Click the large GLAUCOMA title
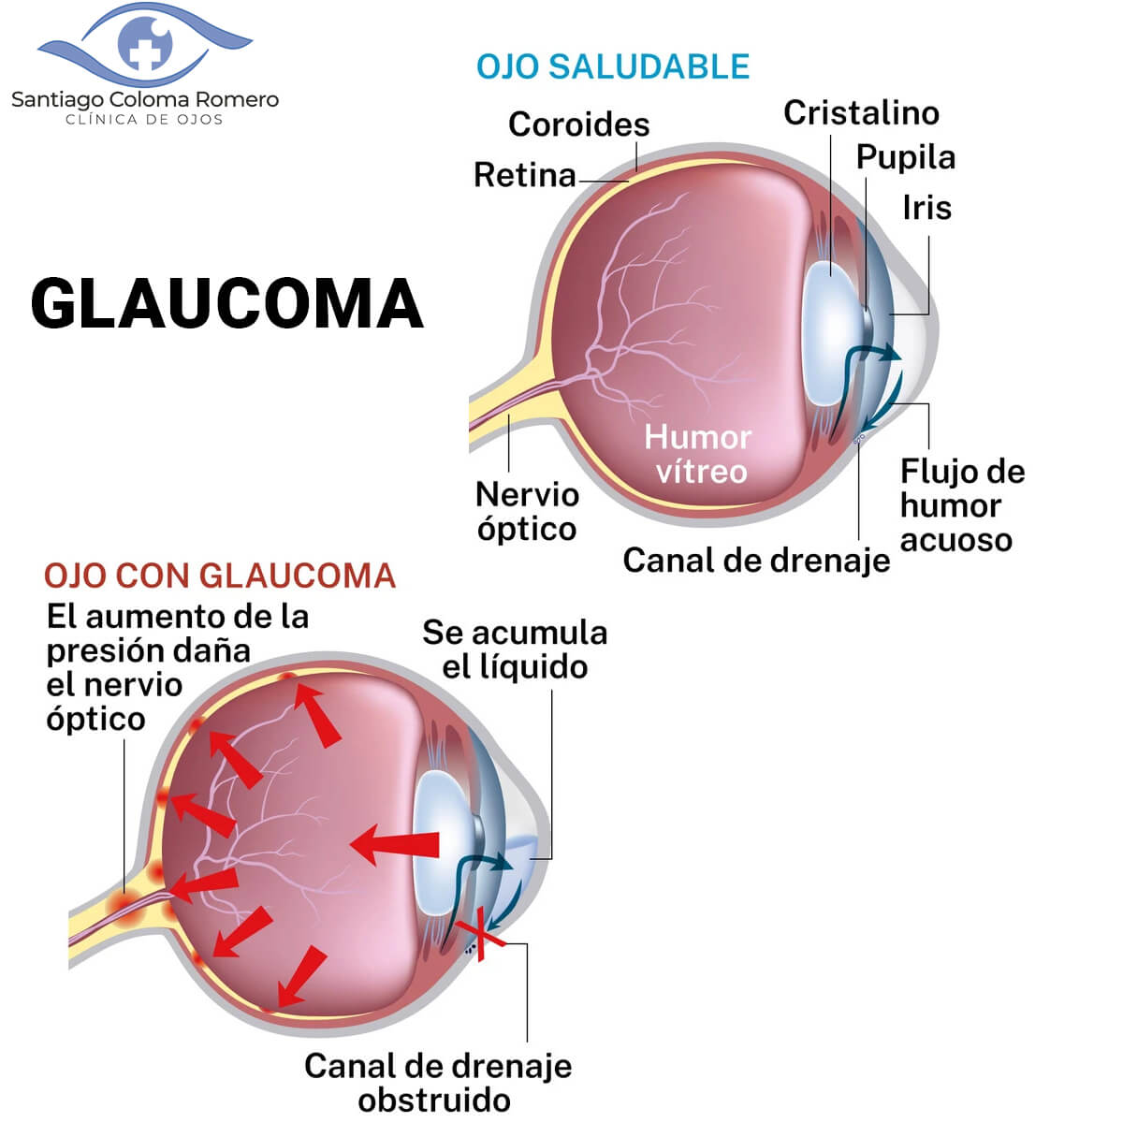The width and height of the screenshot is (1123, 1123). tap(227, 303)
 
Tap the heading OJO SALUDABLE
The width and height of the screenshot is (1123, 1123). tap(613, 66)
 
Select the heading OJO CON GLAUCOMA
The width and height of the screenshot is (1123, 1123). tap(220, 575)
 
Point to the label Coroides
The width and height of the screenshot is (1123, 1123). tap(578, 124)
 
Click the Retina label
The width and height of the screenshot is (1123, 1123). tap(524, 175)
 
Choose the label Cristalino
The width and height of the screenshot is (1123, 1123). tap(861, 112)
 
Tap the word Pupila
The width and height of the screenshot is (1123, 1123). tap(905, 157)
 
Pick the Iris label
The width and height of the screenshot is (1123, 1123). tap(926, 207)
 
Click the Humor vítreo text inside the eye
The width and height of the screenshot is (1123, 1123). tap(698, 454)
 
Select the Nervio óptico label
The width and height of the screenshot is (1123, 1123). tap(527, 511)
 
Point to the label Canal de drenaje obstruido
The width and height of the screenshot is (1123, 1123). tap(437, 1082)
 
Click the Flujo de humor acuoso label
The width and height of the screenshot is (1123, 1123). tap(961, 505)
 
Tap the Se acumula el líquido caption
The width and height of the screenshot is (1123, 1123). tap(515, 649)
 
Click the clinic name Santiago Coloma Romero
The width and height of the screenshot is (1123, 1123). tap(145, 99)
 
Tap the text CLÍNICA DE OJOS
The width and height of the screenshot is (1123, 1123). tap(144, 120)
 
